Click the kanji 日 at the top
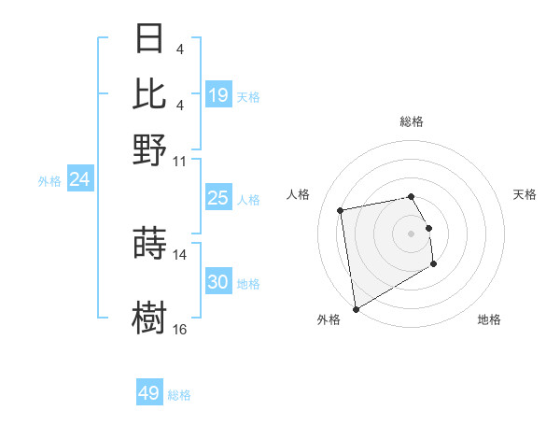(150, 40)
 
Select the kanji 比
(150, 94)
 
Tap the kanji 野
(150, 149)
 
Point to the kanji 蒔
(150, 243)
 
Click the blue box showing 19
(218, 95)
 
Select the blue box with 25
(218, 198)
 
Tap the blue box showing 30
(218, 282)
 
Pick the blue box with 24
(80, 179)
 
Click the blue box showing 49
(149, 393)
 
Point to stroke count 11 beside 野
(180, 160)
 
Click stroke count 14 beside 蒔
(180, 254)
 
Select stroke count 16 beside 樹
(180, 329)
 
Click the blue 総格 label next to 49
(179, 395)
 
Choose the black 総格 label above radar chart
(411, 121)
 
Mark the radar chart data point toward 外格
(356, 309)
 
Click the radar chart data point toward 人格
(341, 209)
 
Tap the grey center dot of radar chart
(411, 234)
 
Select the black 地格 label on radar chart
(489, 320)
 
